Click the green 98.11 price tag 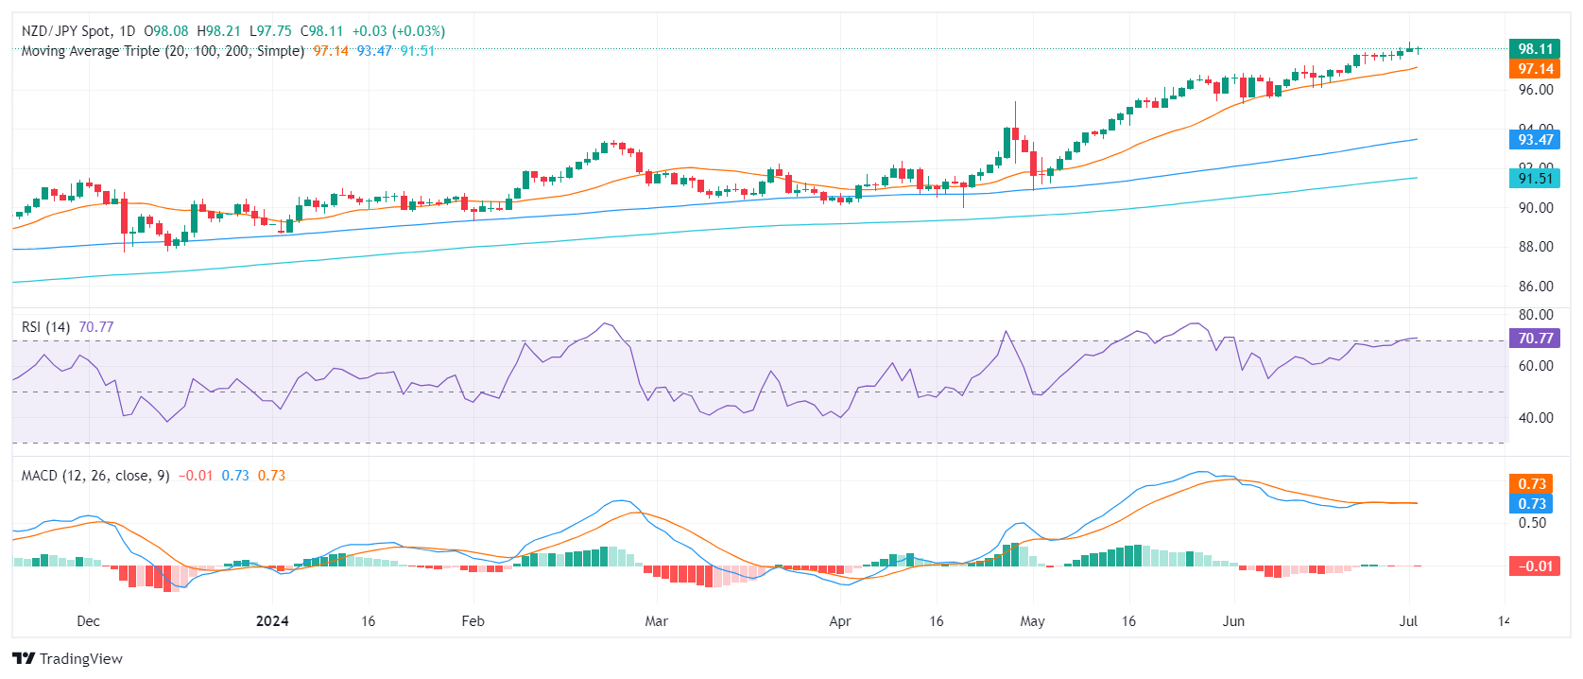[1535, 49]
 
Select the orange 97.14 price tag [1535, 69]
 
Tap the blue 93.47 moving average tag [1535, 140]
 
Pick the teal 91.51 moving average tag [1535, 179]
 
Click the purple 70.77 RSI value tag [1535, 339]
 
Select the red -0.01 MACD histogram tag [1535, 566]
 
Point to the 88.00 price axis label [1535, 247]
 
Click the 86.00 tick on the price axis [1535, 287]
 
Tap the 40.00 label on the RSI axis [1535, 418]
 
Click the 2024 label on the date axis [272, 621]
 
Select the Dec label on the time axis [88, 621]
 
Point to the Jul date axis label [1408, 621]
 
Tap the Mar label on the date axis [656, 621]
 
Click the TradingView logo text [80, 659]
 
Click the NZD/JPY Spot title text [66, 31]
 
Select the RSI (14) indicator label [45, 327]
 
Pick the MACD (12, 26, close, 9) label [95, 476]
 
